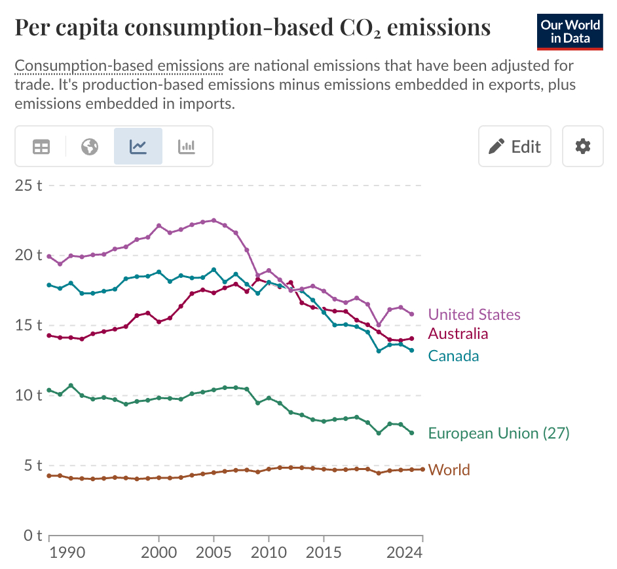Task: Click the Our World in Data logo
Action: point(570,31)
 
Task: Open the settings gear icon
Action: point(582,146)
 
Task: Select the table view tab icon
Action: point(41,146)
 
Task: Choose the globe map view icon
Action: point(90,146)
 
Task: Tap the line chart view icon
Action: point(138,146)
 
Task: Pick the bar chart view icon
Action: point(187,146)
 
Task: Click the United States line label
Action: point(474,315)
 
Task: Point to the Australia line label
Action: point(458,334)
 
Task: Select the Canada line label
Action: point(453,356)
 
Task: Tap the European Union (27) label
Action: point(498,433)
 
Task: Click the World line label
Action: point(449,470)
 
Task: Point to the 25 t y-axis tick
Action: point(28,185)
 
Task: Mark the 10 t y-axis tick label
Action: point(28,395)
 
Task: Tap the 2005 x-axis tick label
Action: point(214,553)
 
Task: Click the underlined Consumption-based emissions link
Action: point(119,66)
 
